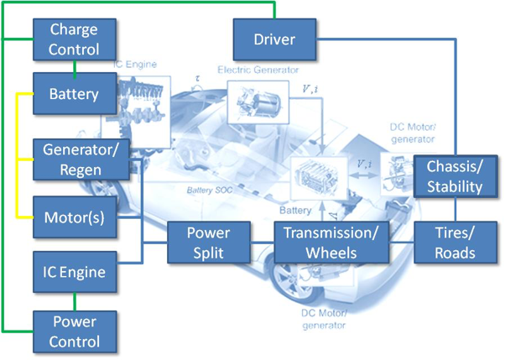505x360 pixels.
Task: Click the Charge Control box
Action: tap(74, 39)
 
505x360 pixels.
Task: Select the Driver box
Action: tap(275, 39)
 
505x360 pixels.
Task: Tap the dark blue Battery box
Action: tap(74, 93)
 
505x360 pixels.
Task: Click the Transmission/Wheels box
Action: tap(333, 242)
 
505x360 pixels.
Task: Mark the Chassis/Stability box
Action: tap(454, 175)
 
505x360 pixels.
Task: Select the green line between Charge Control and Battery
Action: tap(74, 66)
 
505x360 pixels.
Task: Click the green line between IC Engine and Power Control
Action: tap(74, 300)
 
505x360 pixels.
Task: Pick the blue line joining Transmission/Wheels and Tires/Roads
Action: tap(403, 242)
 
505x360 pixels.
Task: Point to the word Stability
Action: tap(454, 185)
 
